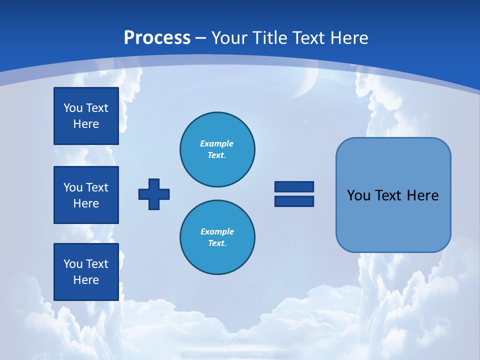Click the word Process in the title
click(x=157, y=38)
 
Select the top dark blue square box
click(x=86, y=116)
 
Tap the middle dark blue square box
click(x=86, y=195)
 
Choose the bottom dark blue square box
click(x=86, y=272)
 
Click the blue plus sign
click(x=154, y=194)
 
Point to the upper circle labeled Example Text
click(x=217, y=149)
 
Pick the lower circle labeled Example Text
click(x=217, y=237)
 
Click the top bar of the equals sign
click(x=294, y=186)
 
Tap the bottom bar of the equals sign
click(x=294, y=201)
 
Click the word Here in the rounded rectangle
click(x=422, y=195)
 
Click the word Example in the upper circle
click(x=217, y=143)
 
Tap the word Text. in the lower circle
click(x=217, y=243)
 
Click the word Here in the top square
click(x=86, y=124)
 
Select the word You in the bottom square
click(x=73, y=264)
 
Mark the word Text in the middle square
click(x=96, y=187)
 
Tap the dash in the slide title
click(x=200, y=38)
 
